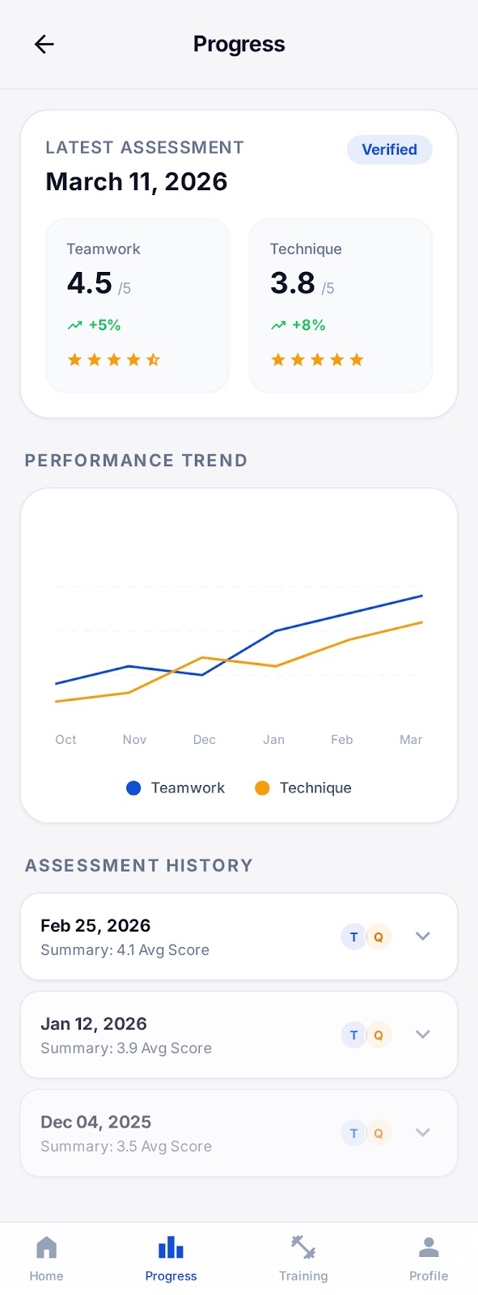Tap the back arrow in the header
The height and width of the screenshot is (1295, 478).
point(44,45)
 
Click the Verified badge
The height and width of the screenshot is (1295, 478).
point(389,150)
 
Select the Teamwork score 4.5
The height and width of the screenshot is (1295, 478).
point(90,283)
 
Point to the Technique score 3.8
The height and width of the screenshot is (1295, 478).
point(293,283)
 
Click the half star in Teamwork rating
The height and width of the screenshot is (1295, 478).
point(153,359)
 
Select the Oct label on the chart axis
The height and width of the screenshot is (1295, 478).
point(66,740)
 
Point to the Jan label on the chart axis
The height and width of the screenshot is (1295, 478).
point(273,740)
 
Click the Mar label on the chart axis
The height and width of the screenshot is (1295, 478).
point(411,740)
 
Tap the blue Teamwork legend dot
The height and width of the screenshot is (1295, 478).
point(134,788)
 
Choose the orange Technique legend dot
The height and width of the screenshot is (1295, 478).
point(262,788)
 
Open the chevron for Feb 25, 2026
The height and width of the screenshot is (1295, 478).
point(422,936)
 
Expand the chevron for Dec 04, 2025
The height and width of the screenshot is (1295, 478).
point(422,1133)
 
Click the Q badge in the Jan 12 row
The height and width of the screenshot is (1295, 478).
point(379,1035)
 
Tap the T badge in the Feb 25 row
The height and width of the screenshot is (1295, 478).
point(353,937)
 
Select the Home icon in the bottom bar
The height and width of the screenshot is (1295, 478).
point(46,1248)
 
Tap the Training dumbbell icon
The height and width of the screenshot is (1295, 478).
point(303,1248)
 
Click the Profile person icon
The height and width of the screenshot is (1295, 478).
point(429,1248)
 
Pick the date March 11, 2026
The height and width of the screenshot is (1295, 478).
point(137,182)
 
